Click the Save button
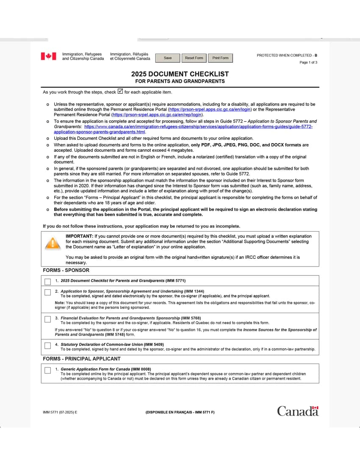[168, 58]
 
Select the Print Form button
[220, 58]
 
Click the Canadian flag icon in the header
[48, 56]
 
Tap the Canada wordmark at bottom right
[297, 411]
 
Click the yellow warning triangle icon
[53, 243]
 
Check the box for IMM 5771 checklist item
[48, 281]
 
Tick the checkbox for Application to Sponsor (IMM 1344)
[48, 292]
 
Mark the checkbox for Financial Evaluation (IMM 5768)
[48, 319]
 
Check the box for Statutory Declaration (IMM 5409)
[48, 346]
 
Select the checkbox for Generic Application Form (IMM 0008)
[48, 370]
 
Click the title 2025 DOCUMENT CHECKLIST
[180, 74]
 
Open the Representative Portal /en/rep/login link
[157, 114]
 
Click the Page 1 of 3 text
[308, 62]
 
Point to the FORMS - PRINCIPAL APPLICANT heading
[82, 359]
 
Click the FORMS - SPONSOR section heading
[66, 270]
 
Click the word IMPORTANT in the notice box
[79, 236]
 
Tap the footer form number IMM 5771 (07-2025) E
[60, 412]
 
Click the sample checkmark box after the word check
[120, 91]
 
